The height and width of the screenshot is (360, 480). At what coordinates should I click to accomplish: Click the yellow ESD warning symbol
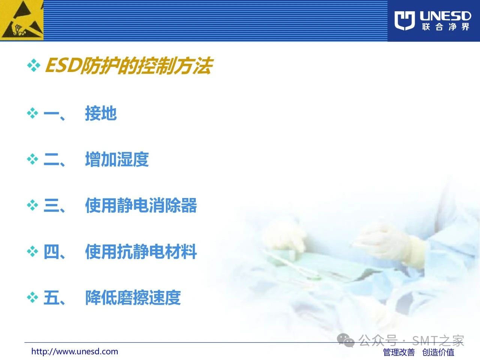coord(22,20)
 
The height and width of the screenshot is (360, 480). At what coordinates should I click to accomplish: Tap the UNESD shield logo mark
coord(405,20)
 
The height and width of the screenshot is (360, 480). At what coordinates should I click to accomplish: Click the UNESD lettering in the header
coord(445,16)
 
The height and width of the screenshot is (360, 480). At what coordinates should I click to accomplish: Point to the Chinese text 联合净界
coord(445,27)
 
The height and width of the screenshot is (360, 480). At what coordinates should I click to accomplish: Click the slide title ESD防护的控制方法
coord(129,66)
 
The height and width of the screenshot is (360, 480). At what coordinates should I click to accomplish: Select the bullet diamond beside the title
coord(34,65)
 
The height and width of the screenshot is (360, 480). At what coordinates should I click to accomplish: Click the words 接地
coord(101,113)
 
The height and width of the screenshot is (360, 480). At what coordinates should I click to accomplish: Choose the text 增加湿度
coord(117,159)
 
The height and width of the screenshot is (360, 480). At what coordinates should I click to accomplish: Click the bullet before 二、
coord(33,159)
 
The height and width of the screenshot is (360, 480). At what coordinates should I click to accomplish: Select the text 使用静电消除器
coord(141,205)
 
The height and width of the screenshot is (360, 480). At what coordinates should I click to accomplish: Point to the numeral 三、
coord(54,205)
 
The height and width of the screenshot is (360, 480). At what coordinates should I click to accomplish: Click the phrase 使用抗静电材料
coord(141,252)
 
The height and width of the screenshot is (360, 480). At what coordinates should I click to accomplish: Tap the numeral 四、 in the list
coord(54,252)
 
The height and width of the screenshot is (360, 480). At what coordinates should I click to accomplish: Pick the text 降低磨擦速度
coord(133,297)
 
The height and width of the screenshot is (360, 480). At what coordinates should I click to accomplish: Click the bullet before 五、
coord(33,297)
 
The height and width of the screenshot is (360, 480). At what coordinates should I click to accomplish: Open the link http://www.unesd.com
coord(75,351)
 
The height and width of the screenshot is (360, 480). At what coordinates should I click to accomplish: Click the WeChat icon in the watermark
coord(345,340)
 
